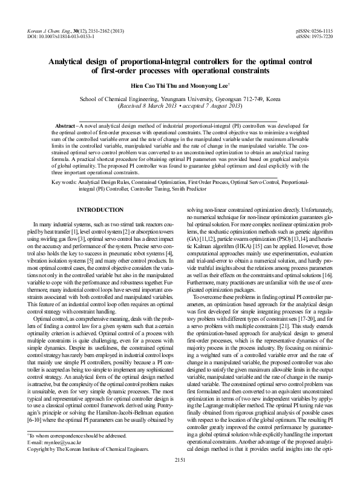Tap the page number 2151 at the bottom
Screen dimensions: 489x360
tap(180, 478)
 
